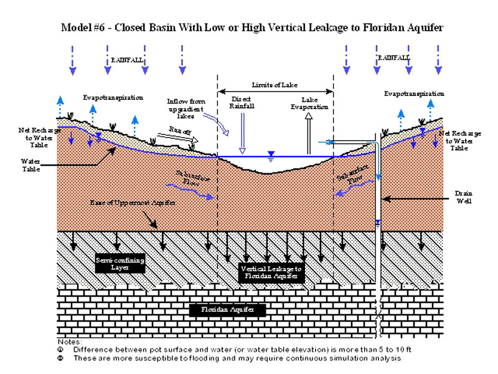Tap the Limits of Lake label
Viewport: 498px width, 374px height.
pos(275,84)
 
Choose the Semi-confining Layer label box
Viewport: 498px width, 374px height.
pos(121,262)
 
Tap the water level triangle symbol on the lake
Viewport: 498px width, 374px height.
pos(270,153)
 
